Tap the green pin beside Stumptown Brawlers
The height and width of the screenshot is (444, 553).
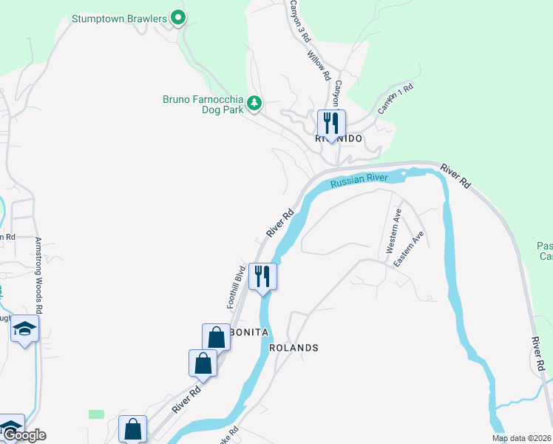tap(177, 17)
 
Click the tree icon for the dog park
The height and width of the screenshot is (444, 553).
tap(254, 103)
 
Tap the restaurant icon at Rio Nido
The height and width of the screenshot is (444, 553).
tap(331, 123)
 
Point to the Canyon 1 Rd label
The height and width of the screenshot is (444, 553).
tap(396, 99)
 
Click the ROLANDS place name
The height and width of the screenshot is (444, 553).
tap(294, 348)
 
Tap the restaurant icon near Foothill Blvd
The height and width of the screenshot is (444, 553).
tap(262, 277)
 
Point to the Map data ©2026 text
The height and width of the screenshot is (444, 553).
tap(522, 438)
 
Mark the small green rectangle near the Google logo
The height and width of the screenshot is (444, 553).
tap(96, 414)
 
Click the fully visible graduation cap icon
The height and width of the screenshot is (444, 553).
tap(24, 330)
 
